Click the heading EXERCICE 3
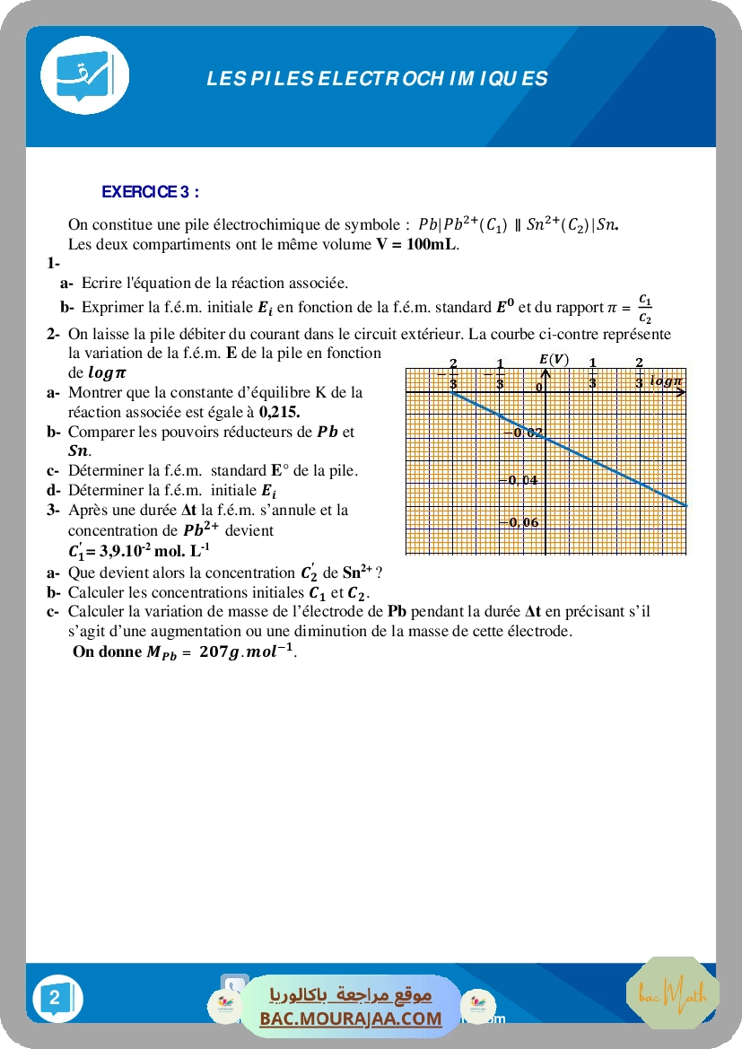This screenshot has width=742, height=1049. [150, 191]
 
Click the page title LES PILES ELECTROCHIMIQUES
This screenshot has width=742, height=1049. [377, 78]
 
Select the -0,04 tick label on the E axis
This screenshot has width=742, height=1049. [521, 479]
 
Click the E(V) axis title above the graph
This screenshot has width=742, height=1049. [554, 360]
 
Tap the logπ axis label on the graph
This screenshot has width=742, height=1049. [666, 380]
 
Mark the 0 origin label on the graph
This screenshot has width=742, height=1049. [540, 387]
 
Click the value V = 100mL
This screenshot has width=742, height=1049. [416, 244]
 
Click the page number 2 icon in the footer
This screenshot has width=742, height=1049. [57, 998]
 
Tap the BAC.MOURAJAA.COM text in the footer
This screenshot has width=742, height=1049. [351, 1018]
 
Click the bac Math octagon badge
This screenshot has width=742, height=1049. [666, 993]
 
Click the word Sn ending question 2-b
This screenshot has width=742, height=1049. [78, 450]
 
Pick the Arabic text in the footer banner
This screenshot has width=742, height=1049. [351, 994]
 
